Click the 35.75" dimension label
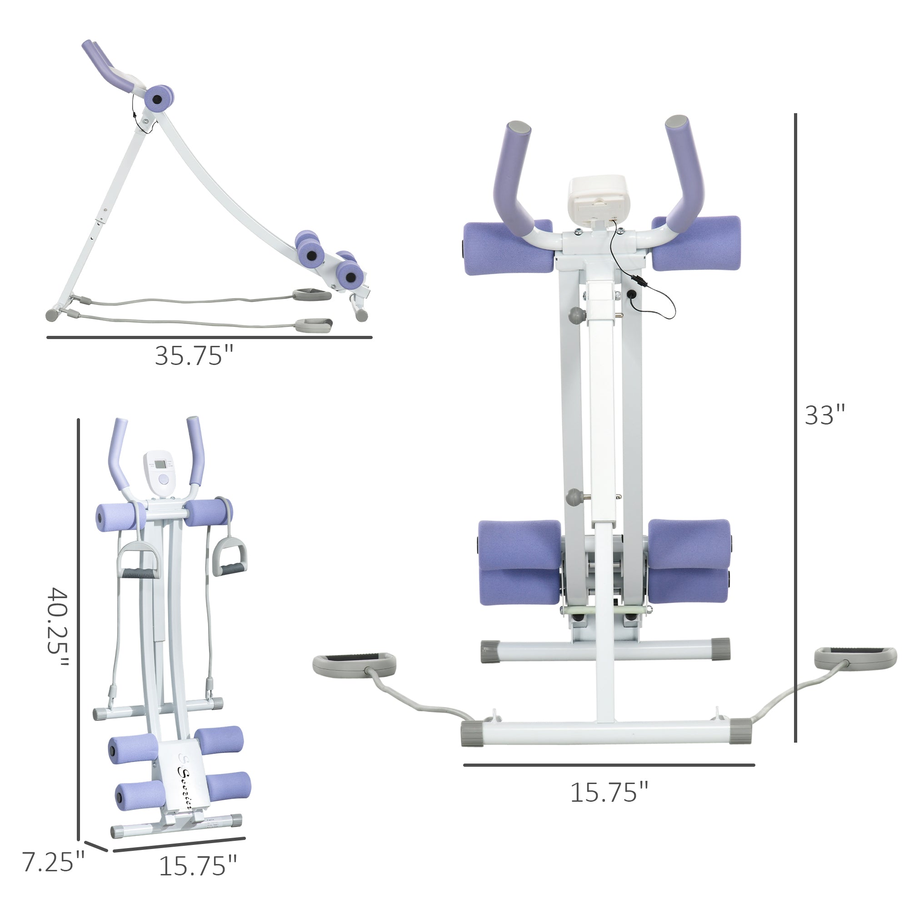194,356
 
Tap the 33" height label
825,415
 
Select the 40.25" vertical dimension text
58,627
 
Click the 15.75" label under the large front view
609,793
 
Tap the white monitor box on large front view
598,200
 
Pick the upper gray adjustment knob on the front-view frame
576,315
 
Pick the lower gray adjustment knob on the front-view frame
574,497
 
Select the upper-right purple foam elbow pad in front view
696,243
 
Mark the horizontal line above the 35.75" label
210,337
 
